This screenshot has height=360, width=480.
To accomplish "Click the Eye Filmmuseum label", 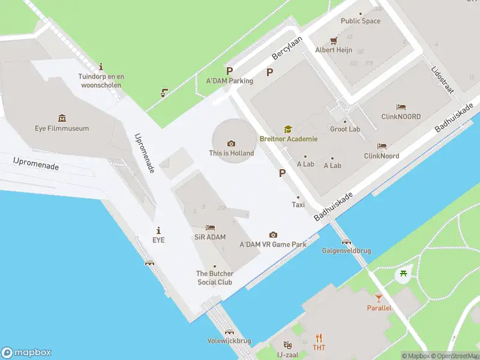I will [x=62, y=128].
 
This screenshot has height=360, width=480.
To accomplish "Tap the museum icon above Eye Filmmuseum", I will [x=62, y=118].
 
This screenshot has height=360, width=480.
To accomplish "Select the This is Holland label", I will [x=231, y=153].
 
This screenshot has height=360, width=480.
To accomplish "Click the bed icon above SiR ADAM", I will [x=210, y=227].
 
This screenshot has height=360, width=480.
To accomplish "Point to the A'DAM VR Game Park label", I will [x=273, y=244].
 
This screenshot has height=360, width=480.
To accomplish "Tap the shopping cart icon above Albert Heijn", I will [x=334, y=41].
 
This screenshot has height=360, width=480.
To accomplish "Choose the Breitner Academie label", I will [x=289, y=139].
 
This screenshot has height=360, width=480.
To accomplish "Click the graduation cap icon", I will [x=288, y=129].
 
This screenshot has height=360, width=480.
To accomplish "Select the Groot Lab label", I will [x=345, y=129].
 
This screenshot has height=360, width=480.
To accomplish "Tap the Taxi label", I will [x=298, y=205].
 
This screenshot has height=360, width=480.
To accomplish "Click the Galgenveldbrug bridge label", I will [x=346, y=250].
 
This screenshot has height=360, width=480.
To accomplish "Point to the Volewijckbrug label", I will [x=229, y=341].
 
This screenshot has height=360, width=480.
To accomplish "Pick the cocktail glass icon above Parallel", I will [x=379, y=298].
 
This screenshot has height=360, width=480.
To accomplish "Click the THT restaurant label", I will [x=319, y=348].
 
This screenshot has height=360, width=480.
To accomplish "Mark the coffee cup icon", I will [x=163, y=93].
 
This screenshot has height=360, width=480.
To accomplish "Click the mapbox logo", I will [x=26, y=353].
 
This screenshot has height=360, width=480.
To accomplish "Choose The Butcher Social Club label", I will [x=215, y=278].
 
